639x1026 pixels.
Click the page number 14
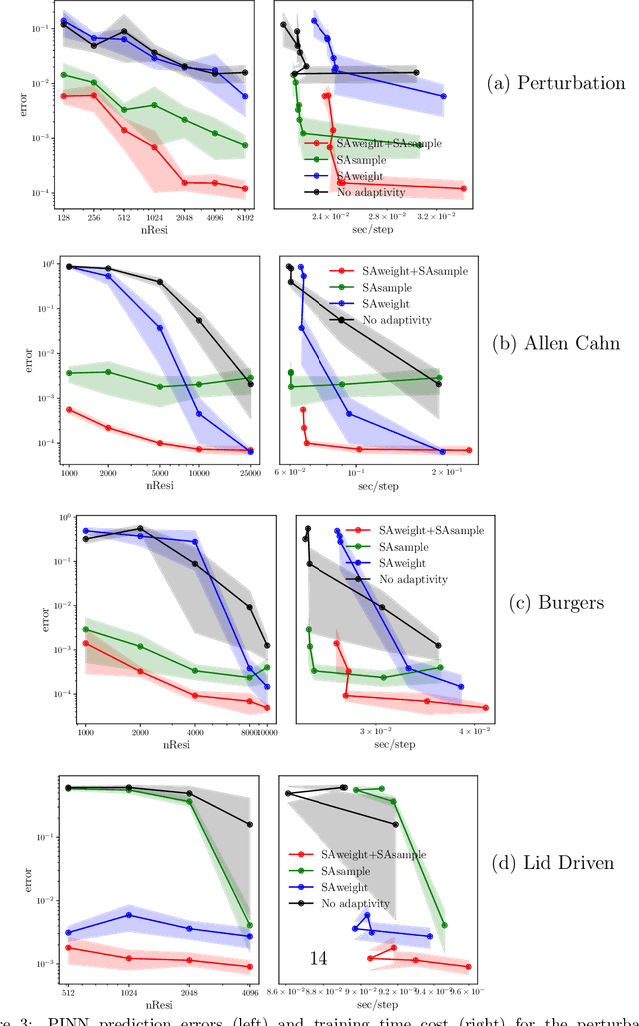tap(319, 958)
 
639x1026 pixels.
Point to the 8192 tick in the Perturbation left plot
tap(245, 216)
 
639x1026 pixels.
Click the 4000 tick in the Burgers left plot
tap(195, 729)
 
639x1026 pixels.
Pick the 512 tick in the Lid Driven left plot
tap(68, 991)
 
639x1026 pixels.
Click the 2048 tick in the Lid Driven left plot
tap(189, 991)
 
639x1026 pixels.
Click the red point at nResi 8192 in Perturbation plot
tap(245, 188)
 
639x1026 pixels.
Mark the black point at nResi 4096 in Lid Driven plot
tap(250, 825)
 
